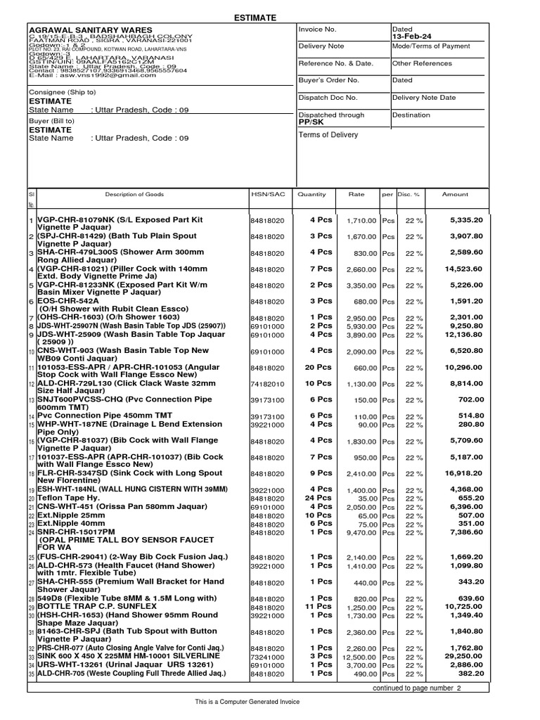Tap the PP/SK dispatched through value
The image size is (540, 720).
[309, 122]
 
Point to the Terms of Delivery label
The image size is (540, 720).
[328, 135]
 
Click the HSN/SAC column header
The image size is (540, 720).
[267, 194]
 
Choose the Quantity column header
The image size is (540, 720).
[311, 194]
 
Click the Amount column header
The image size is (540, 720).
[454, 194]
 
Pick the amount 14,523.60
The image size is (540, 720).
[463, 269]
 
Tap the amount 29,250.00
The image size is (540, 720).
[463, 656]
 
